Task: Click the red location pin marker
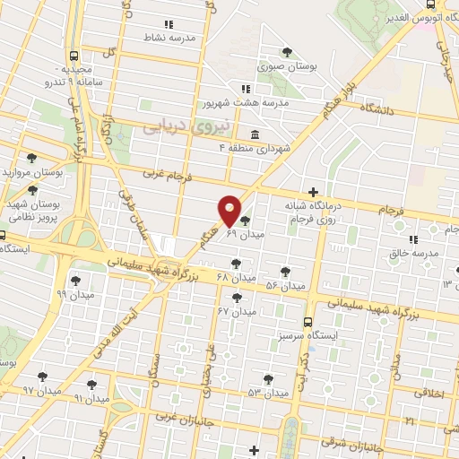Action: click(229, 210)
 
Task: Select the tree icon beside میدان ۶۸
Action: click(236, 263)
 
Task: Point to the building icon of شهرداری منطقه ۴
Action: click(255, 134)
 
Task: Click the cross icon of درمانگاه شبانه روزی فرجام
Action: click(312, 192)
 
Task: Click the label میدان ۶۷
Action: click(238, 311)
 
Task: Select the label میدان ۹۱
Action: click(91, 397)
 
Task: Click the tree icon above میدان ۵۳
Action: click(267, 378)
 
